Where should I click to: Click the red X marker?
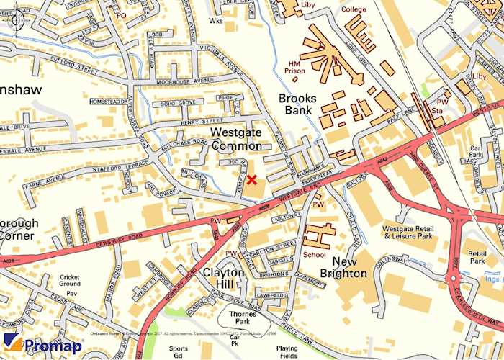point(251,179)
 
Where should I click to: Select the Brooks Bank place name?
point(295,104)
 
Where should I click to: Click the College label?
point(354,9)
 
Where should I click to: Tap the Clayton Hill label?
point(223,279)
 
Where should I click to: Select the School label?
point(314,254)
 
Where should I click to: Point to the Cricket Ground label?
point(71,282)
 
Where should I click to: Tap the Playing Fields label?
point(286,351)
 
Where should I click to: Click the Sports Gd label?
point(179,351)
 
